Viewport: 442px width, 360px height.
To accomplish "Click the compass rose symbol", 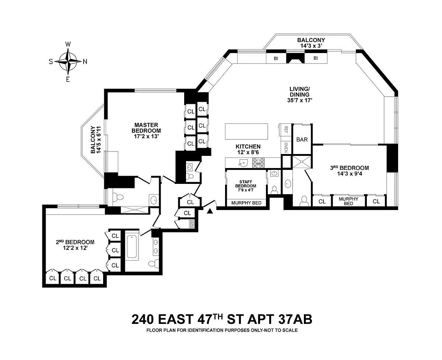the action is coord(68,62).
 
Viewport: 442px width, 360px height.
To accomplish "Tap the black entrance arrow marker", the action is coord(210,211).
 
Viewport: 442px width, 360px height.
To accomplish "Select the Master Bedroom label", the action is coord(146,130).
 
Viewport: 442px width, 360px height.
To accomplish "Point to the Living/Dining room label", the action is coord(300,95).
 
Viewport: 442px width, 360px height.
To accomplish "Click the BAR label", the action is coord(302,140).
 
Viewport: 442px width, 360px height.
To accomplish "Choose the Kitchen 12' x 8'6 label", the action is coord(248,150).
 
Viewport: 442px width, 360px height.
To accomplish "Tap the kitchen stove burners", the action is coord(258,163).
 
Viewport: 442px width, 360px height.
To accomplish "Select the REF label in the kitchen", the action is coord(286,130).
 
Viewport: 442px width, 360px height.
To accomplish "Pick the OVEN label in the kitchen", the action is coord(286,147).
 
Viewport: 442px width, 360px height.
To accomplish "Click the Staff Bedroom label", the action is coord(246,186).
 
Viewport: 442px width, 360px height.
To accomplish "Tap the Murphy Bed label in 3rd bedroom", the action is coord(348,201).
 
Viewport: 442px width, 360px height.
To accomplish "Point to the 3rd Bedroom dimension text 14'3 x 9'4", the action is coord(350,174).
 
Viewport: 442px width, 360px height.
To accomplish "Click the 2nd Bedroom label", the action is coord(75,245).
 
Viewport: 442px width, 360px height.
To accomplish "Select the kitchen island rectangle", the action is coord(246,132).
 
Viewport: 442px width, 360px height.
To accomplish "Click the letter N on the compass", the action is coord(85,62).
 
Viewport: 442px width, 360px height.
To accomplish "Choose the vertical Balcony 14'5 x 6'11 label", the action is coord(96,140).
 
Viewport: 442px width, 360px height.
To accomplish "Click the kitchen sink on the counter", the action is coord(243,162).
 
